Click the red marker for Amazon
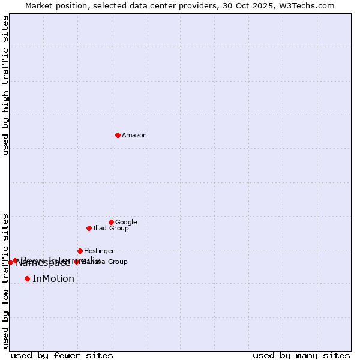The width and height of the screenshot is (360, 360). pos(118,135)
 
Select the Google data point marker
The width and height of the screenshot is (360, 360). pos(111,222)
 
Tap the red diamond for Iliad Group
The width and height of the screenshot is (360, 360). pos(89,228)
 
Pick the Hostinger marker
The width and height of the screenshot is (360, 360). pos(80,251)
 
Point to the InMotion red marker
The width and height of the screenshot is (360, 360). pos(27,278)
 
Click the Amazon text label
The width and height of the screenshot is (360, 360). pos(134,136)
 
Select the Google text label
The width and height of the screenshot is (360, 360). pos(126,223)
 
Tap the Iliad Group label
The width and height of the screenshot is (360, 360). pos(110,229)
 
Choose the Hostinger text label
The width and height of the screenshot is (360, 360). pos(99,251)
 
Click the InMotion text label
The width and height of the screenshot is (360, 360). pos(53,279)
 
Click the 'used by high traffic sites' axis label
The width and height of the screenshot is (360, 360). pos(5,85)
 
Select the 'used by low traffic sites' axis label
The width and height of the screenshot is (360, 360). pos(5,280)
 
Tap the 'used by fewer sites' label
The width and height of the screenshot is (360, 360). pos(62,355)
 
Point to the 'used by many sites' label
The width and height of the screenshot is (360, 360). pos(301,355)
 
